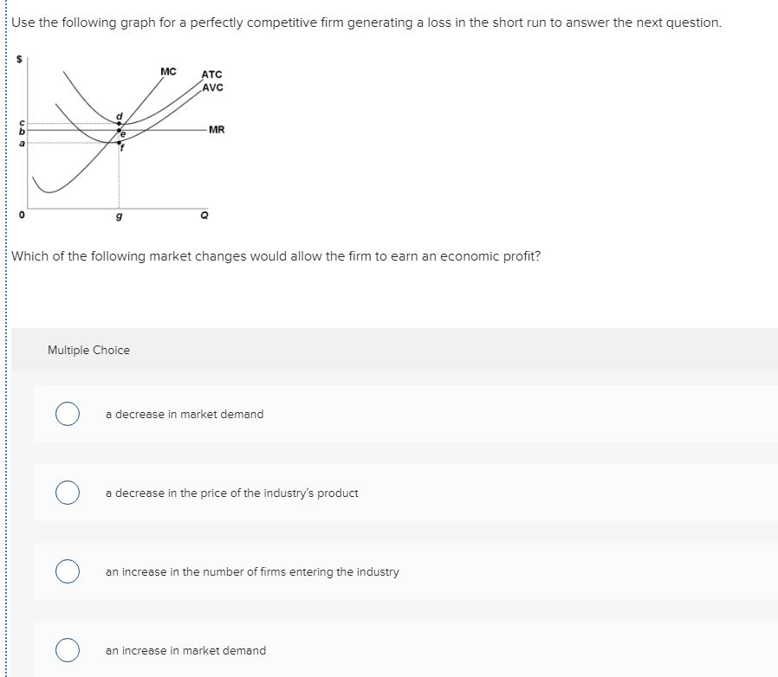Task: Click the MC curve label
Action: pyautogui.click(x=168, y=70)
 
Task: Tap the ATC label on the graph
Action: pyautogui.click(x=211, y=75)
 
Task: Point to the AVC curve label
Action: pyautogui.click(x=212, y=87)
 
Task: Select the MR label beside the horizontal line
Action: pyautogui.click(x=217, y=130)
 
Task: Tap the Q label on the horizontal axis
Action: pyautogui.click(x=204, y=216)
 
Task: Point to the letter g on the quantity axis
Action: pyautogui.click(x=119, y=216)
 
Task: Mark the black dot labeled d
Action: pyautogui.click(x=120, y=123)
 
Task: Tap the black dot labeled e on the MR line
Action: pyautogui.click(x=120, y=131)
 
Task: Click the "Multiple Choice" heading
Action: pyautogui.click(x=88, y=350)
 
